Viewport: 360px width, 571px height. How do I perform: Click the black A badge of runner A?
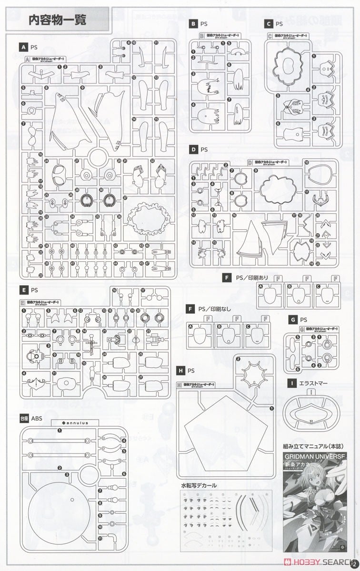22,48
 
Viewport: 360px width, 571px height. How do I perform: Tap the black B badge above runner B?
193,23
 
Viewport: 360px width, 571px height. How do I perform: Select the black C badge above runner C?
270,23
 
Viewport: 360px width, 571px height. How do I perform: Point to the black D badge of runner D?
193,149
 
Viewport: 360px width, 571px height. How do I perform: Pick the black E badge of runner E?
22,289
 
